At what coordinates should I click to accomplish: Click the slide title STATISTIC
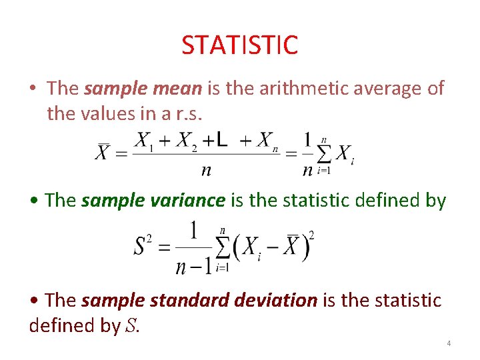pos(239,45)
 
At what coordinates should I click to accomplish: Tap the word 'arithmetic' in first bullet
pos(283,89)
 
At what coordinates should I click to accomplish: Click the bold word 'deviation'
pos(277,301)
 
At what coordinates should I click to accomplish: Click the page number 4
pos(449,343)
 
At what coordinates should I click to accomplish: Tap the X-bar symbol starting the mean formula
pos(103,153)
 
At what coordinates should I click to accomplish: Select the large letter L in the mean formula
pos(221,141)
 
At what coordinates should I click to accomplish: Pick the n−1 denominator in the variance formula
pos(193,267)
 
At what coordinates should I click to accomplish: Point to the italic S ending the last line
pos(131,326)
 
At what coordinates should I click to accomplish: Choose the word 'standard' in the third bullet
pos(189,301)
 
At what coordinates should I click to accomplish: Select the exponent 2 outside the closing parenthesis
pos(311,235)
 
